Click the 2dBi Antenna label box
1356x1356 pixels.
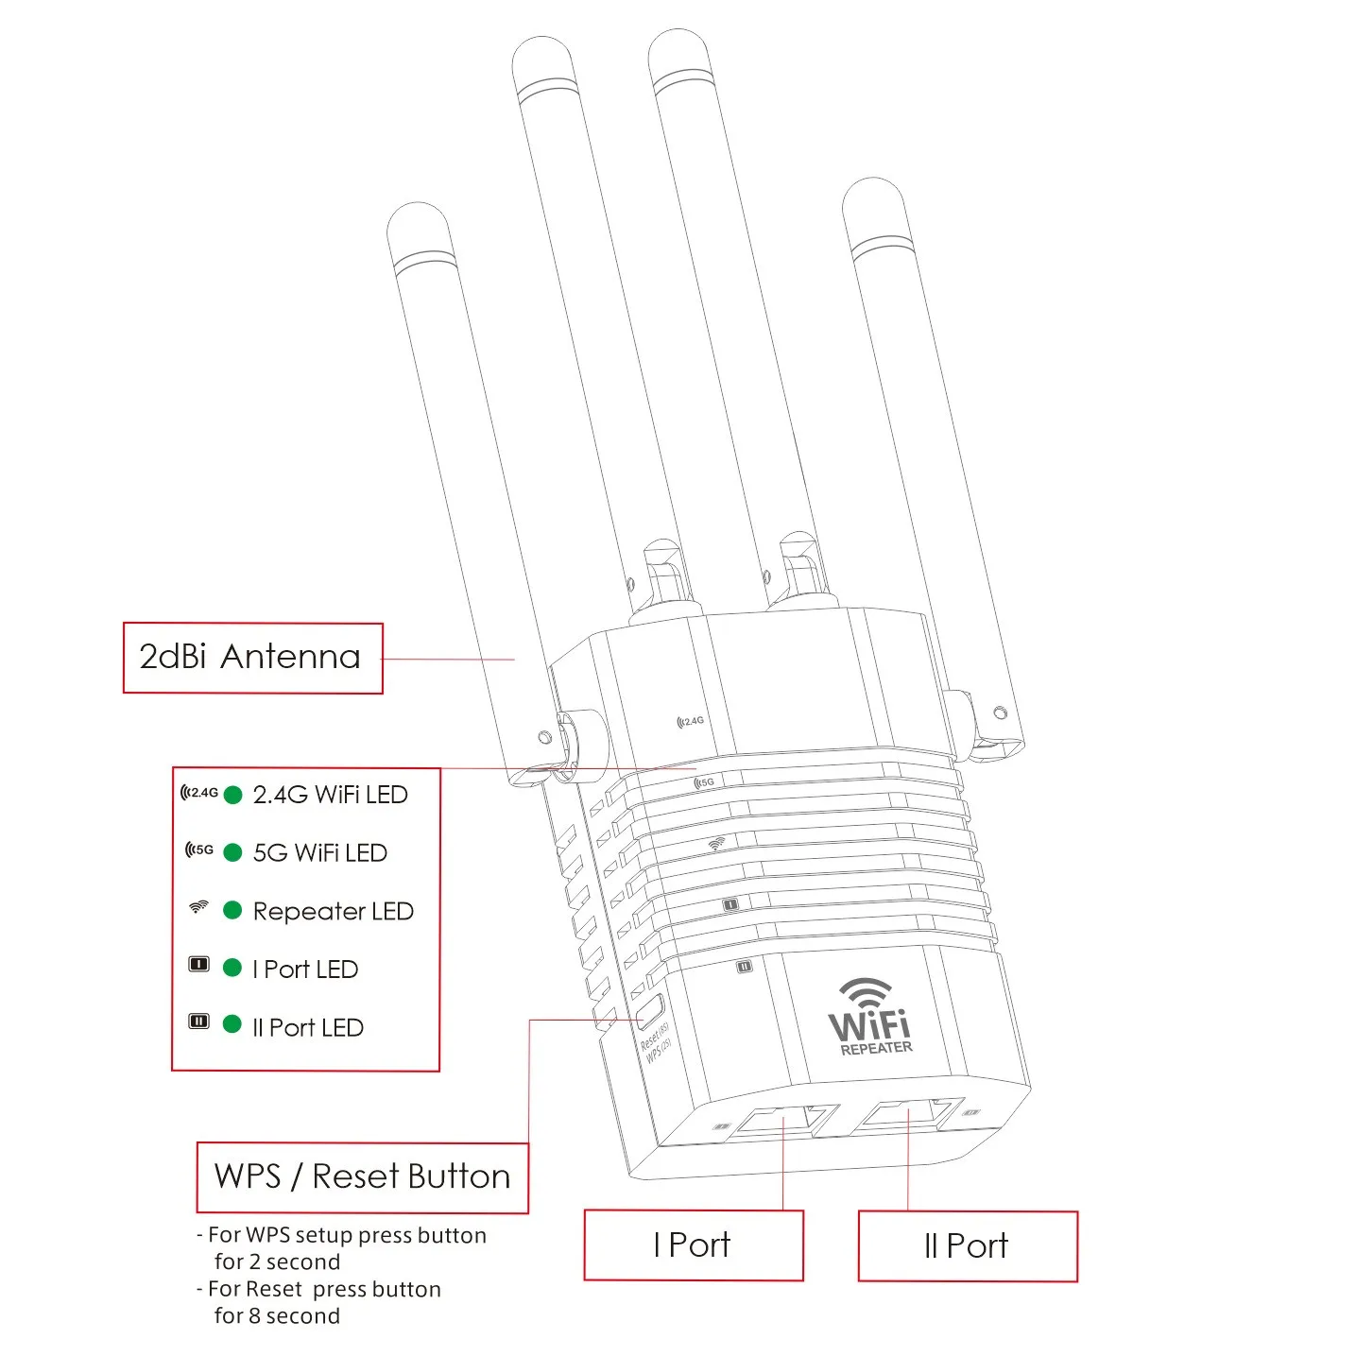(x=252, y=659)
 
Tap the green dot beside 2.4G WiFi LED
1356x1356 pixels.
(x=232, y=795)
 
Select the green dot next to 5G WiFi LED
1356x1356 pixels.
(x=232, y=852)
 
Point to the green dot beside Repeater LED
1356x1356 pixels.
(x=232, y=910)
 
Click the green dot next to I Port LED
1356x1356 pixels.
(x=232, y=968)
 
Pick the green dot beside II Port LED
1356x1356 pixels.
(x=232, y=1024)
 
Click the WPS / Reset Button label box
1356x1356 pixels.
(x=362, y=1177)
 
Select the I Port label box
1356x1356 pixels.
(x=693, y=1245)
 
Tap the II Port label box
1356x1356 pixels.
(x=967, y=1246)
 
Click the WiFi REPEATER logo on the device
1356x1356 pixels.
(x=870, y=1019)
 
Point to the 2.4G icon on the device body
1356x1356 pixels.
(x=691, y=721)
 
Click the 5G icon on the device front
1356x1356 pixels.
(x=705, y=782)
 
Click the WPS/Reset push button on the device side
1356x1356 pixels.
(x=649, y=1012)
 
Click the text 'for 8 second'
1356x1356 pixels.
(x=276, y=1316)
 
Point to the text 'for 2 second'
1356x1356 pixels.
(x=276, y=1262)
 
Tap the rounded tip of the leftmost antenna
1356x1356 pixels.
(x=417, y=220)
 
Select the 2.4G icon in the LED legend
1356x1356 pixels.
(x=199, y=793)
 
